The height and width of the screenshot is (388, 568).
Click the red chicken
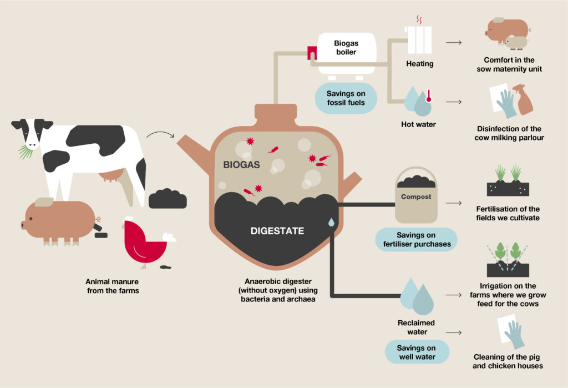click(145, 243)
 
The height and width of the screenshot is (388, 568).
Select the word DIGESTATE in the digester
click(277, 231)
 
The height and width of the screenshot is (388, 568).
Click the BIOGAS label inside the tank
click(241, 165)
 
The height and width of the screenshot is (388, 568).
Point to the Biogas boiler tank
click(347, 54)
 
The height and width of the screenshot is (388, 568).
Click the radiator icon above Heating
click(419, 39)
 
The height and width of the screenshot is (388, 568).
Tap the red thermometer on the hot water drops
click(429, 96)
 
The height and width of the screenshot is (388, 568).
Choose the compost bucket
click(416, 196)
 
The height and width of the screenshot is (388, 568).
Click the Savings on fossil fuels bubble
click(346, 98)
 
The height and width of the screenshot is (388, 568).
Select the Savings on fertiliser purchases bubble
click(417, 239)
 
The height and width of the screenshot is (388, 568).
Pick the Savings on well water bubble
click(417, 352)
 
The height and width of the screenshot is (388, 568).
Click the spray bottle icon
click(523, 99)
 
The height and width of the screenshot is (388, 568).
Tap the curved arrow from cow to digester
click(160, 133)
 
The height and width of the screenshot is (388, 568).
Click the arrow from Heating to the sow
click(454, 43)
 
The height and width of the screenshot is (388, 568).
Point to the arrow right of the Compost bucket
click(454, 203)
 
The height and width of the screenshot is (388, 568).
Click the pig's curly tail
click(98, 220)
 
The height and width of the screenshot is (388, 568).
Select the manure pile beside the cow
click(168, 199)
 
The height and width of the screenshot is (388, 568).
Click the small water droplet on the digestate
click(331, 222)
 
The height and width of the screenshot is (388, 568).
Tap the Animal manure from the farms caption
click(112, 286)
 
